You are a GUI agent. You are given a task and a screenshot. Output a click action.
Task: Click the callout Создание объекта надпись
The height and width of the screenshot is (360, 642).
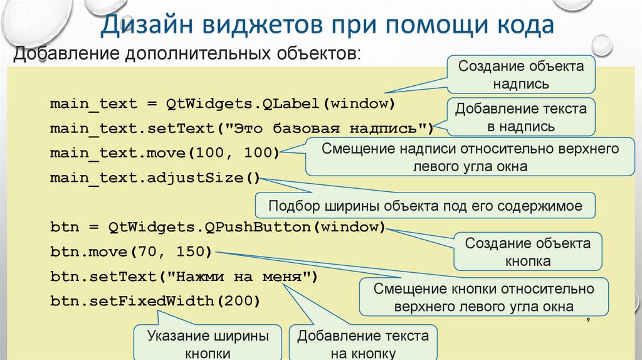click(x=521, y=75)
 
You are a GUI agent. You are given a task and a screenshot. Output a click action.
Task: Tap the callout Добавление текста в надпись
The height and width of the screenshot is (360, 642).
click(x=521, y=117)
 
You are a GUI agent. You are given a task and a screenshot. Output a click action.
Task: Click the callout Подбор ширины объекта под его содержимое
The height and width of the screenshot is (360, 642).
click(x=425, y=206)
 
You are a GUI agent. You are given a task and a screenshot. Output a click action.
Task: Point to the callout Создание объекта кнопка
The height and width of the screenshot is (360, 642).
click(x=527, y=251)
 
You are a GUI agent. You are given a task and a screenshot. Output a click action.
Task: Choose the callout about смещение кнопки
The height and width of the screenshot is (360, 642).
click(x=483, y=297)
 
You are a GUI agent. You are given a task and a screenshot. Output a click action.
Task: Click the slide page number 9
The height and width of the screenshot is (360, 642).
click(x=589, y=320)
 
